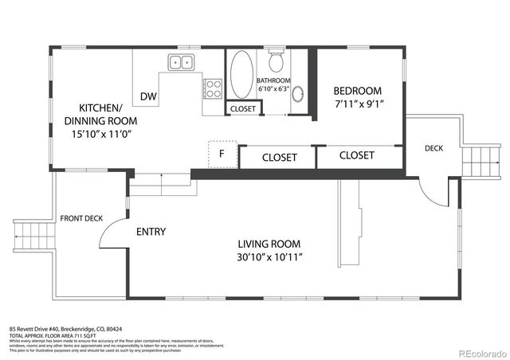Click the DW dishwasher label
[x=148, y=96]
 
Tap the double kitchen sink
[x=180, y=62]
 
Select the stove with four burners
[x=213, y=87]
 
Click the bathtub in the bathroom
[x=240, y=76]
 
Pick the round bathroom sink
[x=297, y=95]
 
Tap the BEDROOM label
[x=357, y=91]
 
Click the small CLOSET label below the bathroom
[x=242, y=109]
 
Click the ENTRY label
[x=151, y=232]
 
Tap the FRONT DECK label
[x=81, y=218]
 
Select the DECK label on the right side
[x=433, y=148]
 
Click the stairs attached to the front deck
[x=29, y=237]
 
